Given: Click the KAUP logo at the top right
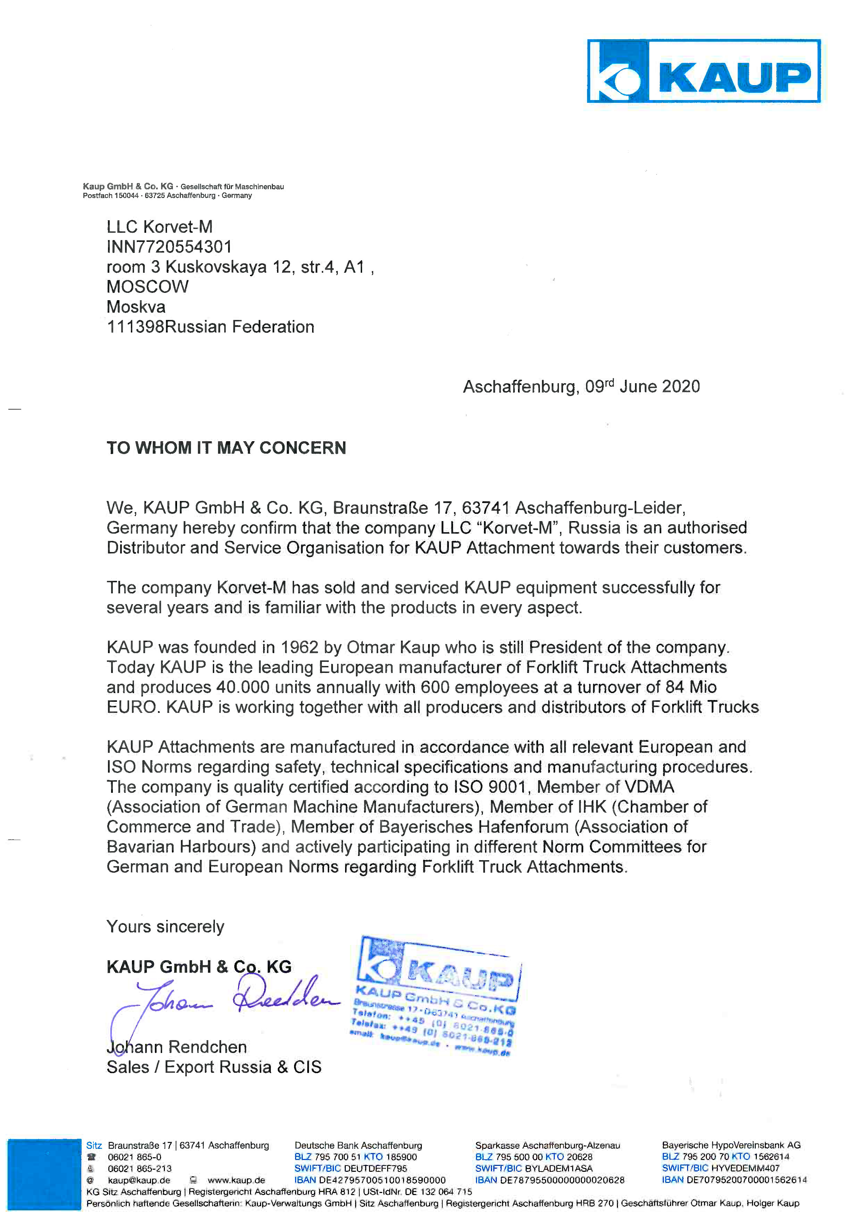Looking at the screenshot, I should click(x=703, y=71).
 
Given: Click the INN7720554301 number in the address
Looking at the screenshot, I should click(x=169, y=247).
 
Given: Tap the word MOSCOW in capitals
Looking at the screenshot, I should click(x=148, y=287).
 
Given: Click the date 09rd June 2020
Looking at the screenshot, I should click(x=642, y=386).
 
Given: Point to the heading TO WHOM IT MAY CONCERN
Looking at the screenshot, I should click(x=226, y=448).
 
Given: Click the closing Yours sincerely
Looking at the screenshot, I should click(x=165, y=926).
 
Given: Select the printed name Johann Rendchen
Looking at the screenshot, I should click(x=177, y=1047).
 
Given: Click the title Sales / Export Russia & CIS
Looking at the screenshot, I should click(x=214, y=1067).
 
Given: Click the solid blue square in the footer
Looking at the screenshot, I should click(x=44, y=1174).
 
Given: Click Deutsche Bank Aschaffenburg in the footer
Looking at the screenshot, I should click(x=358, y=1145).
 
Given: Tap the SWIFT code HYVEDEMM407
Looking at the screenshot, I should click(x=745, y=1168).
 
